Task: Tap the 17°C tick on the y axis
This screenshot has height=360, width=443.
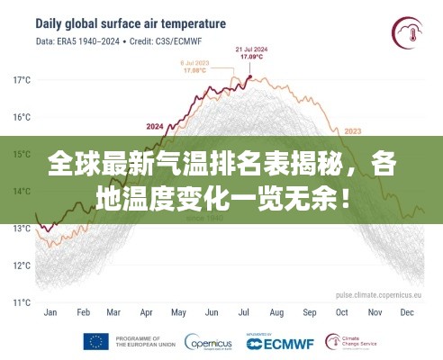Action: (x=21, y=80)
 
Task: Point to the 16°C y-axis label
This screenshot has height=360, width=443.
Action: (x=21, y=117)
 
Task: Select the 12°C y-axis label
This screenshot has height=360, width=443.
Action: (x=21, y=265)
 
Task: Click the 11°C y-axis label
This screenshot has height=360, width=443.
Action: (x=21, y=302)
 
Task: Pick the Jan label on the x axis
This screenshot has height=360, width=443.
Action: (x=50, y=313)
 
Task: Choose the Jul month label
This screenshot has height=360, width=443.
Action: (x=244, y=313)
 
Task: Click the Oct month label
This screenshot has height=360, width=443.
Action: (x=341, y=313)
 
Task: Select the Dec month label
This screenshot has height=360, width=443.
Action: (x=406, y=313)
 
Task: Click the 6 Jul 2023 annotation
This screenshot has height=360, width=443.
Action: (x=195, y=66)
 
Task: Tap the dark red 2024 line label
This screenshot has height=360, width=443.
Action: (x=154, y=126)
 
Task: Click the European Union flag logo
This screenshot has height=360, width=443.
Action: (x=96, y=342)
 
